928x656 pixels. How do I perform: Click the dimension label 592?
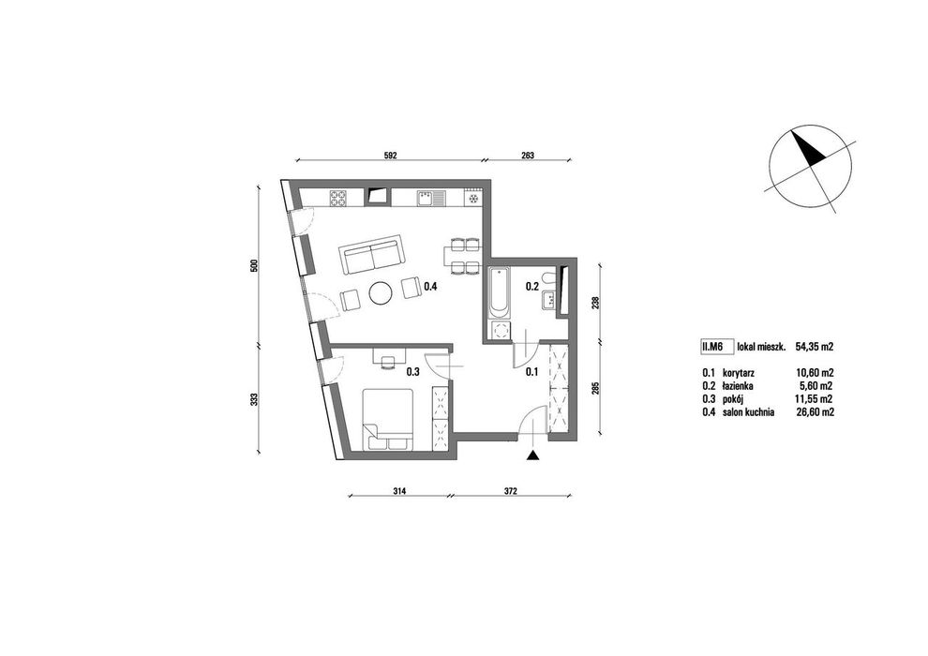coord(390,156)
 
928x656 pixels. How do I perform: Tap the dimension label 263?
coord(528,156)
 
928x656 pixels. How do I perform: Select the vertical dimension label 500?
coord(255,265)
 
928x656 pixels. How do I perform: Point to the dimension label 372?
coord(512,490)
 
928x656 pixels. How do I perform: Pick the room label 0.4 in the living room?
coord(430,288)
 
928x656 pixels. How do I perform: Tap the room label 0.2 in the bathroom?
coord(532,288)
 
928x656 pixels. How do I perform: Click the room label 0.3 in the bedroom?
coord(412,372)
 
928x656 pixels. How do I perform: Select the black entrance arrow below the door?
coord(533,455)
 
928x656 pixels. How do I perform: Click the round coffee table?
coord(380,292)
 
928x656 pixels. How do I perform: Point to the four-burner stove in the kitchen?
coord(339,197)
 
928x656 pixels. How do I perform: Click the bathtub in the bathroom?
coord(499,291)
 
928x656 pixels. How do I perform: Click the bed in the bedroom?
coord(388,419)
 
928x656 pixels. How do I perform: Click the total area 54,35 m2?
coord(815,348)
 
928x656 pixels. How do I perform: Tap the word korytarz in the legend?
coord(738,373)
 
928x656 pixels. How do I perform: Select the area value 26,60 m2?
coord(816,412)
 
